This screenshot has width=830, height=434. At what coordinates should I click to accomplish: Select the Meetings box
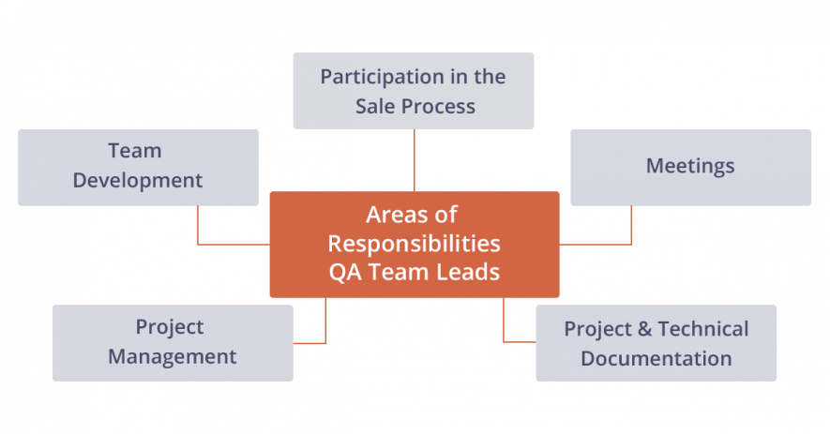point(690,167)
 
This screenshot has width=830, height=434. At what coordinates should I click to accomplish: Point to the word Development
point(138,180)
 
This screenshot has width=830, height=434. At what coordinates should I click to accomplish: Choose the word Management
point(173,356)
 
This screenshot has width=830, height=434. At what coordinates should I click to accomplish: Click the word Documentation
point(656,358)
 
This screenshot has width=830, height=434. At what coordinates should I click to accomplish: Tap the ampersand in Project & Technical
point(644,329)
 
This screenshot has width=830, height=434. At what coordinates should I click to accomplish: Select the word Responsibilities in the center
point(414,244)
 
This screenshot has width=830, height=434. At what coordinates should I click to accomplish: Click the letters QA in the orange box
point(344,273)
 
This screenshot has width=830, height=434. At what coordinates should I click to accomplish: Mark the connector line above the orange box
point(414,159)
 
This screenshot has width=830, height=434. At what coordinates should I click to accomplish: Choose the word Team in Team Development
point(135,151)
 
